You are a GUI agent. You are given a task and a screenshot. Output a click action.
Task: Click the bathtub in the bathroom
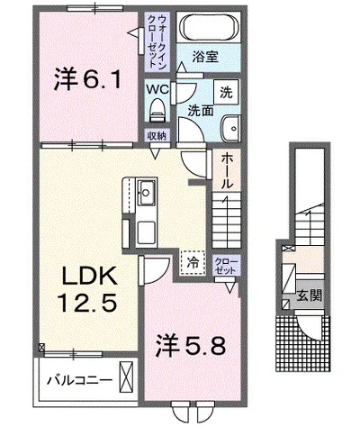210,27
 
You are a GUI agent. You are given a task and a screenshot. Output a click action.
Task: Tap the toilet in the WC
157,110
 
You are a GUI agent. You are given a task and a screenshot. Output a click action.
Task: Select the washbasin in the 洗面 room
231,128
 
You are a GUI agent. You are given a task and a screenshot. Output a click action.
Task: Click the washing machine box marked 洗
226,92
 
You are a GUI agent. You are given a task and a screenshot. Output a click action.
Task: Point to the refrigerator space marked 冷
193,263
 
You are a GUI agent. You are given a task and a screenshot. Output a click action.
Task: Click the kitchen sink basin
147,193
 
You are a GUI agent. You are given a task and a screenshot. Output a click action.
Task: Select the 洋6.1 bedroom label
87,79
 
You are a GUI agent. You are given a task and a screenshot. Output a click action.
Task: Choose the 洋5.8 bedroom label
190,346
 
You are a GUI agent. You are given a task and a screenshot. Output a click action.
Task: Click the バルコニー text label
79,381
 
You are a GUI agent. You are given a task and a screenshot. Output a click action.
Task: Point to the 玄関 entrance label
310,295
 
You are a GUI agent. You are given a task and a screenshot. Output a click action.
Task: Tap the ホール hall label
227,170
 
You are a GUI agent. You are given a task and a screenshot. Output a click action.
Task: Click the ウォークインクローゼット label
157,41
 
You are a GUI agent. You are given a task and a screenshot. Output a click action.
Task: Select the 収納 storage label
157,136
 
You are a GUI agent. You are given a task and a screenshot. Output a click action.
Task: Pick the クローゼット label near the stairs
227,266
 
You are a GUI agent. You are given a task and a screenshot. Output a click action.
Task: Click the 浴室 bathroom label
205,57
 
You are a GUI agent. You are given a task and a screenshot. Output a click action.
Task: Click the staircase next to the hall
227,221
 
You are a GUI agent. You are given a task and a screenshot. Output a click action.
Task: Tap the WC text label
157,89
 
